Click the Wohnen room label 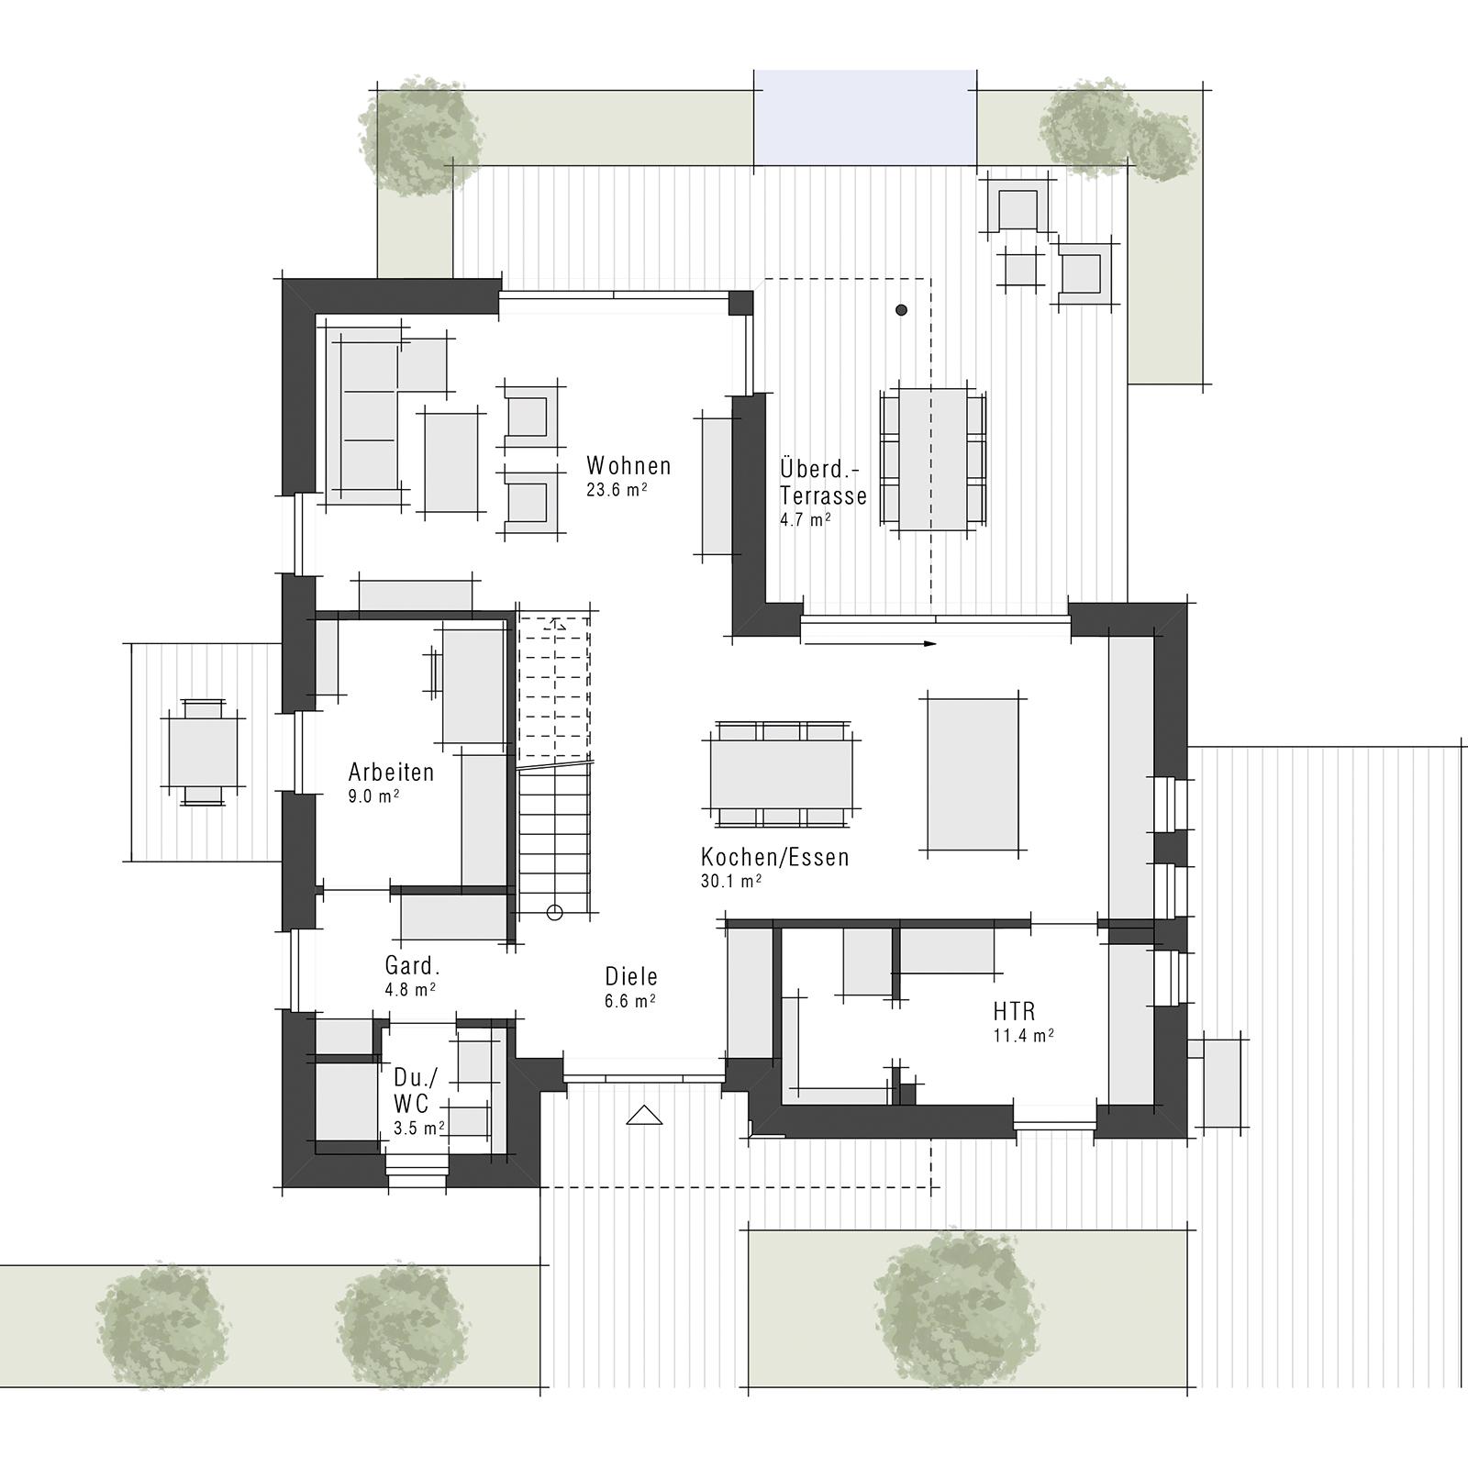click(x=628, y=466)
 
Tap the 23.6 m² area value click(x=617, y=490)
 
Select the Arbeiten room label click(x=391, y=772)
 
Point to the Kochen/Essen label click(x=774, y=858)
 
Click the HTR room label click(x=1014, y=1012)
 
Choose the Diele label click(x=631, y=977)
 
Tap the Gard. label click(x=413, y=966)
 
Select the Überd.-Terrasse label click(x=823, y=483)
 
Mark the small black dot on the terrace click(x=902, y=310)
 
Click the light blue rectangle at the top click(x=864, y=117)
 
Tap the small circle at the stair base click(x=553, y=912)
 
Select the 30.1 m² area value click(x=730, y=882)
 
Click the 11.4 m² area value click(x=1023, y=1036)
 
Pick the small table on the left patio click(x=202, y=752)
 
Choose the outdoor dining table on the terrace click(x=933, y=459)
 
